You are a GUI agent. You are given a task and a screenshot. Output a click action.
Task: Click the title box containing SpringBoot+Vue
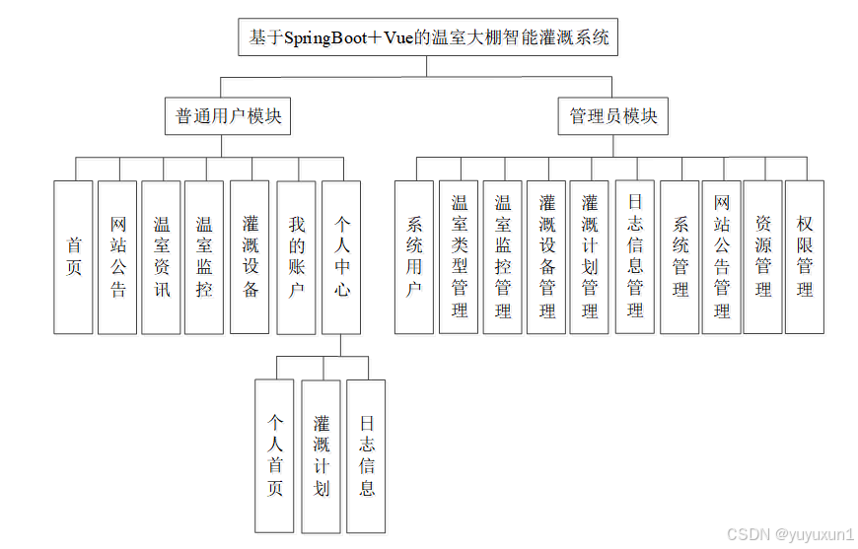tap(428, 38)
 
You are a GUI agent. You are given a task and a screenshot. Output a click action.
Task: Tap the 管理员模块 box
tap(612, 116)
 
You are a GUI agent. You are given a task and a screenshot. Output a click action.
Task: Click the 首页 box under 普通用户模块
tap(74, 257)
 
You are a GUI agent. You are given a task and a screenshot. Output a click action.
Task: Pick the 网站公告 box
tap(117, 257)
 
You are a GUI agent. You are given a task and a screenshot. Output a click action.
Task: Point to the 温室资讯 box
tap(161, 257)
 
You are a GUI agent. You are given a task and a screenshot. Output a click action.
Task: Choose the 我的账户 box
tap(296, 257)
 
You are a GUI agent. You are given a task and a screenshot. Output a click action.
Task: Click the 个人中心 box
tap(341, 257)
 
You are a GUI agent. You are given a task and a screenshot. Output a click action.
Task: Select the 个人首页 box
tap(275, 455)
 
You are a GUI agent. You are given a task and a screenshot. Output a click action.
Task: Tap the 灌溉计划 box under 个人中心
tap(321, 455)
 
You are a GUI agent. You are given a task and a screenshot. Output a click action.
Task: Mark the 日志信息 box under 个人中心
tap(366, 455)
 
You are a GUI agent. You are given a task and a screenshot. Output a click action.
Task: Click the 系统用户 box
tap(414, 257)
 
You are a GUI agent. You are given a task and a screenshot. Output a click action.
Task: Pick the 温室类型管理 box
tap(459, 257)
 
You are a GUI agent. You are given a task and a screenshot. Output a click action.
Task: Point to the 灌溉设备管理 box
tap(546, 257)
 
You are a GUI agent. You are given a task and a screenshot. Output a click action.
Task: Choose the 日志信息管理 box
tap(635, 257)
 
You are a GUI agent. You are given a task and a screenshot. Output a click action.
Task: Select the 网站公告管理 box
tap(722, 257)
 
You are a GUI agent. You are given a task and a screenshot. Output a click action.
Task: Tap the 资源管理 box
tap(762, 257)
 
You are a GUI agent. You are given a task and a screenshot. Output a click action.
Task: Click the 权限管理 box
tap(805, 257)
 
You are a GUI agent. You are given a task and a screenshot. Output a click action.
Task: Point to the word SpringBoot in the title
tap(326, 39)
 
